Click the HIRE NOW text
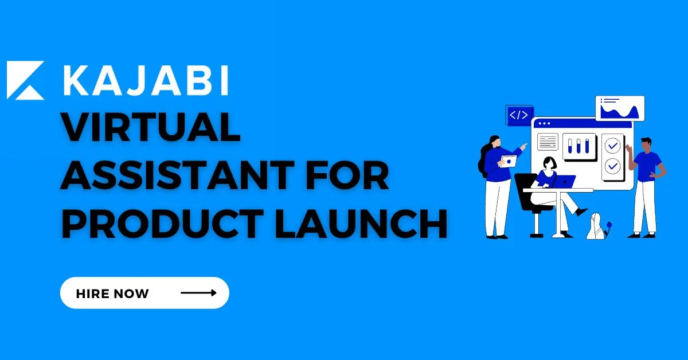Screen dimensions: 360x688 [x=112, y=294]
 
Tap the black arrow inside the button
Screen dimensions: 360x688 [x=198, y=293]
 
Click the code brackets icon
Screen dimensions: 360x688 [x=519, y=115]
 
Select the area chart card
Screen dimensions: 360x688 [x=620, y=108]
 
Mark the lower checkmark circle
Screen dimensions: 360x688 [x=613, y=166]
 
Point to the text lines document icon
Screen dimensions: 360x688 [x=548, y=142]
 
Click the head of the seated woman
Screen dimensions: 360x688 [x=549, y=162]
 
